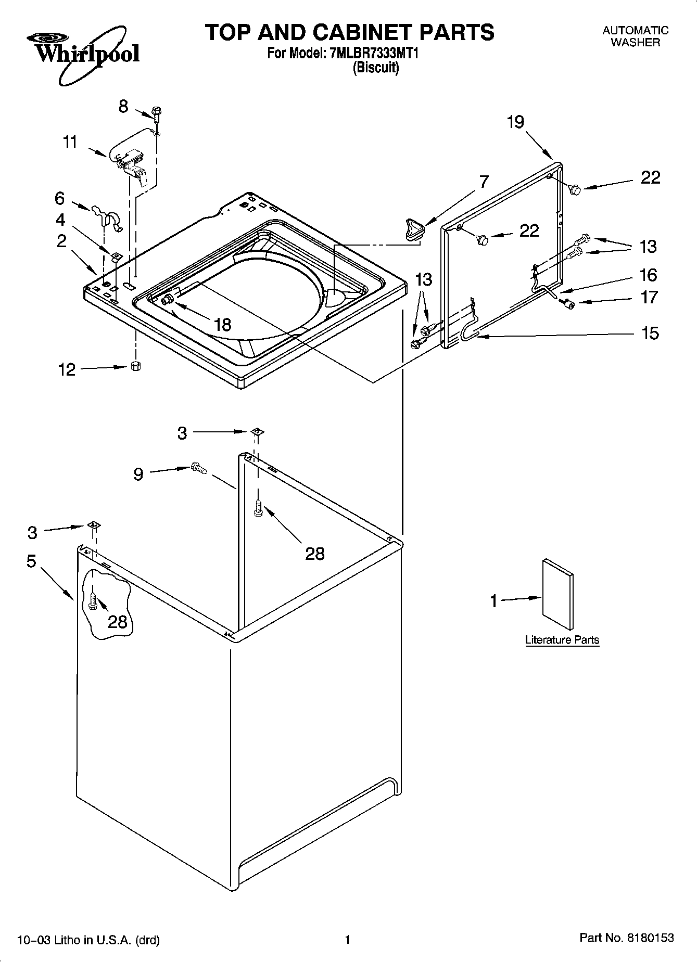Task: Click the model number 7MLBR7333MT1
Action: pyautogui.click(x=374, y=53)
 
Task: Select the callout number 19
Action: pyautogui.click(x=515, y=123)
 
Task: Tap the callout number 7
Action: pyautogui.click(x=484, y=182)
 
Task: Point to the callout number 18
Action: pyautogui.click(x=223, y=325)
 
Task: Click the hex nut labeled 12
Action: pyautogui.click(x=135, y=366)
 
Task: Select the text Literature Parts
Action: pyautogui.click(x=562, y=640)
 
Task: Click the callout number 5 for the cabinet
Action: pyautogui.click(x=32, y=561)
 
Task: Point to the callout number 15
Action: pyautogui.click(x=650, y=333)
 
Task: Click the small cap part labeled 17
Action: pyautogui.click(x=569, y=304)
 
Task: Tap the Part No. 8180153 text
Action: pyautogui.click(x=626, y=938)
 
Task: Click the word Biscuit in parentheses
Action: pyautogui.click(x=376, y=68)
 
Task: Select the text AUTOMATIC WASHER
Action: pyautogui.click(x=635, y=36)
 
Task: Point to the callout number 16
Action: pyautogui.click(x=649, y=275)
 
